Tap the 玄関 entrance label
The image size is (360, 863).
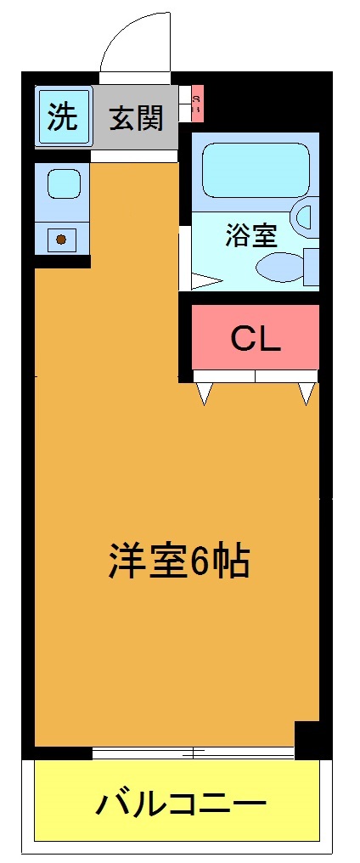pyautogui.click(x=136, y=117)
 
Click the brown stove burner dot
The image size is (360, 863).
pyautogui.click(x=61, y=239)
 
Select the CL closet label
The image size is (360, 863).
pyautogui.click(x=256, y=339)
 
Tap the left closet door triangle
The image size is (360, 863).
pyautogui.click(x=204, y=392)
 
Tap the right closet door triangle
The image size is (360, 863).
pyautogui.click(x=307, y=392)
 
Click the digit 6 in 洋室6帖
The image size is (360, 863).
pyautogui.click(x=200, y=561)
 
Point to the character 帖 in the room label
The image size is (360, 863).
pyautogui.click(x=230, y=561)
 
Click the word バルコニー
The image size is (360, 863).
pyautogui.click(x=180, y=803)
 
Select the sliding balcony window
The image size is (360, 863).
pyautogui.click(x=194, y=753)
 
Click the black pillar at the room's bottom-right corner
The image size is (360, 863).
pyautogui.click(x=307, y=737)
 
